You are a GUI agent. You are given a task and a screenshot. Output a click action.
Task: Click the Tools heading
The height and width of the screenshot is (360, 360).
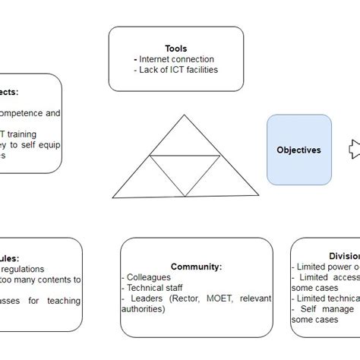point(175,48)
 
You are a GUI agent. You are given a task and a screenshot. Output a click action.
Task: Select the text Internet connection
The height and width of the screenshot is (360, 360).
point(175,59)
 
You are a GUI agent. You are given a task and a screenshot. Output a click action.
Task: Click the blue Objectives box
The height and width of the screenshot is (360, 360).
point(298,150)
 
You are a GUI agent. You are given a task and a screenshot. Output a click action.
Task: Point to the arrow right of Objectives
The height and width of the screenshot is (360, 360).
point(355,150)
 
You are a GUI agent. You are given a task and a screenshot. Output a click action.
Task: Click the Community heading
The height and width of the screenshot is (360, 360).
point(196,267)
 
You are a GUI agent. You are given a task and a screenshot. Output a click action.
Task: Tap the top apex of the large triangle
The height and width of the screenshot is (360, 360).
point(183,115)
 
